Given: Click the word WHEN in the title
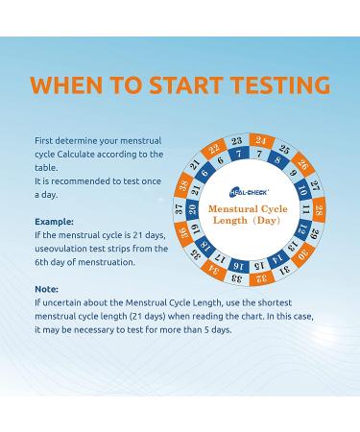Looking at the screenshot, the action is (x=66, y=84).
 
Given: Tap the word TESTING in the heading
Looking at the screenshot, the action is (x=280, y=84).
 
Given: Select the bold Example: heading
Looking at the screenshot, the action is (x=54, y=222).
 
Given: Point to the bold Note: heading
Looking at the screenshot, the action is (x=46, y=289).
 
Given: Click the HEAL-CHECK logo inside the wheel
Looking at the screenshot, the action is (x=249, y=192).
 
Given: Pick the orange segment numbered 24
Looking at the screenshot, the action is (x=261, y=141).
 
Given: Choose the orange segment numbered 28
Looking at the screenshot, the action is (x=319, y=210).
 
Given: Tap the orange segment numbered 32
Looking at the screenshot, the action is (x=262, y=277).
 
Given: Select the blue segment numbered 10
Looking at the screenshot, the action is (x=301, y=189).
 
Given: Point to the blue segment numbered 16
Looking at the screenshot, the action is (x=239, y=266).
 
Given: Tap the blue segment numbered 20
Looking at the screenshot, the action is (x=192, y=209).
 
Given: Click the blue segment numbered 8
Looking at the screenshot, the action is (x=277, y=159).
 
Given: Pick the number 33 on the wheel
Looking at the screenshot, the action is (x=237, y=278).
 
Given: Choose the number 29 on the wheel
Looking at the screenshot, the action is (x=315, y=233).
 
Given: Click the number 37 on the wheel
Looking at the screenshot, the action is (x=180, y=209).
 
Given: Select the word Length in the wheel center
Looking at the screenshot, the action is (x=230, y=220).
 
